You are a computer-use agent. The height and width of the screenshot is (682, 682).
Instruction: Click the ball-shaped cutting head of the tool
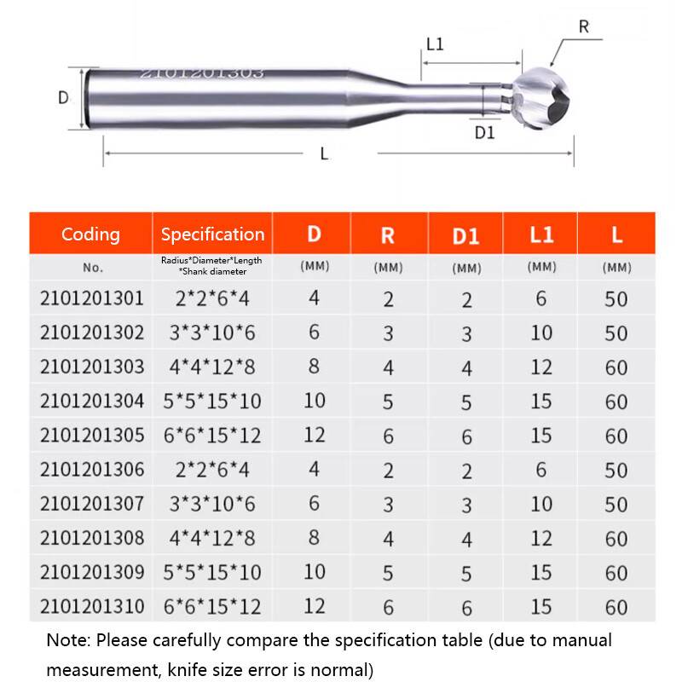click(x=540, y=98)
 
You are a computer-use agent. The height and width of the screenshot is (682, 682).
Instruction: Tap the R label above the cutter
click(x=584, y=27)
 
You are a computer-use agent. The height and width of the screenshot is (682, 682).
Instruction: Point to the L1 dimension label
click(x=435, y=44)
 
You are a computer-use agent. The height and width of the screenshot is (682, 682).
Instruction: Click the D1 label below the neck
click(x=484, y=133)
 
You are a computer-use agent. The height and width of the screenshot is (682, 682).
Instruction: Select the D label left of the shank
click(x=63, y=97)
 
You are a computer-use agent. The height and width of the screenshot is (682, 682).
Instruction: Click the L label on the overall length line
click(x=324, y=153)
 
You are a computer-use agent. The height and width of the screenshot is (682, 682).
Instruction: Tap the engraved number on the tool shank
click(x=201, y=73)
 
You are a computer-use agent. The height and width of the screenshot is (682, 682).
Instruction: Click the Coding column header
click(x=90, y=234)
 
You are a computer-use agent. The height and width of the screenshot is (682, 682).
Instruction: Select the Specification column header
click(x=212, y=234)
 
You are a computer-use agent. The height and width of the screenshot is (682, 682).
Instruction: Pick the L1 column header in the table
click(x=541, y=235)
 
